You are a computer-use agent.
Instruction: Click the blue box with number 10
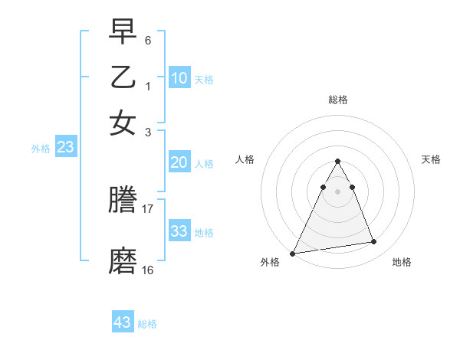point(179,77)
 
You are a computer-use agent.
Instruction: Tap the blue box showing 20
point(179,162)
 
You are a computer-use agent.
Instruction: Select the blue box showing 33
point(179,231)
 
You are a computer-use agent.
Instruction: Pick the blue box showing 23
point(65,148)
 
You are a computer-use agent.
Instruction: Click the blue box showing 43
point(123,322)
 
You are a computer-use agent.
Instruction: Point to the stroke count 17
point(148,208)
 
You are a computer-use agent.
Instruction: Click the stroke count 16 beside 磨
point(148,270)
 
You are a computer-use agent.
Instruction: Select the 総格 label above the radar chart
point(338,100)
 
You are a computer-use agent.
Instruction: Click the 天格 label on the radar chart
point(432,159)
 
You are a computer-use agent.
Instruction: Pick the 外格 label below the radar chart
point(270,262)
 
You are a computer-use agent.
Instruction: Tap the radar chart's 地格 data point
point(373,242)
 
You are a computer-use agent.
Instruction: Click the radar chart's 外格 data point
point(293,253)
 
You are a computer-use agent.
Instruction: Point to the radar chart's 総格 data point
point(337,162)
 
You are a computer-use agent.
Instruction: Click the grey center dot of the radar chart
point(337,191)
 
